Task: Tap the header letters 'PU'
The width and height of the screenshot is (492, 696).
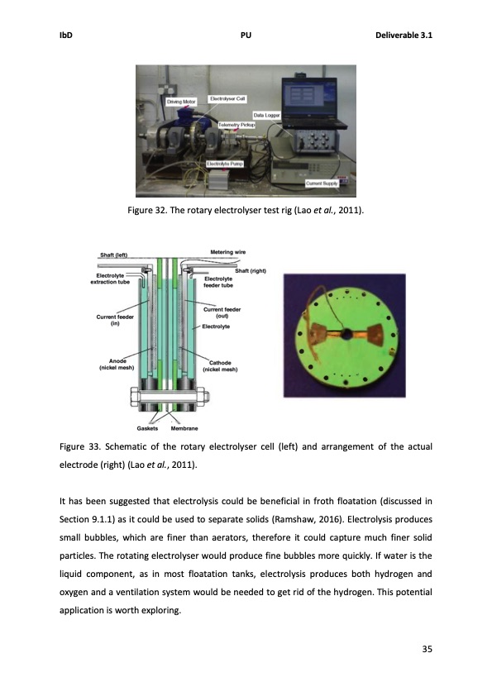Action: click(246, 36)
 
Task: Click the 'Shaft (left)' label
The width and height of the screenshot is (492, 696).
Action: click(115, 255)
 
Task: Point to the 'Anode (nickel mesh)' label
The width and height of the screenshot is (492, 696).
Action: click(117, 365)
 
